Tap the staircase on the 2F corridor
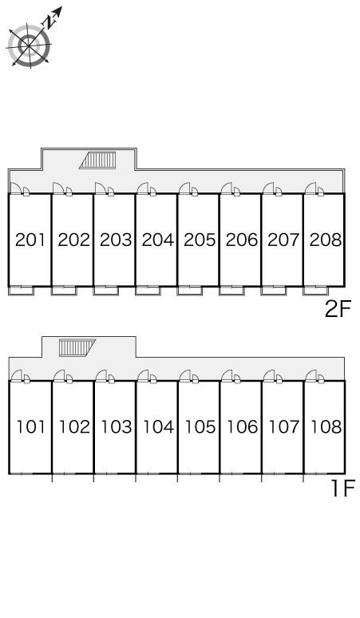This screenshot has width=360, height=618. (x=98, y=160)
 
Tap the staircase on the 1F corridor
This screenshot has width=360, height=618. (x=77, y=347)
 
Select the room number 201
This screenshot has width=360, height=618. (x=30, y=240)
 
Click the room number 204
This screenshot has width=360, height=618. (x=157, y=240)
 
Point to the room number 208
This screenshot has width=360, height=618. (x=326, y=240)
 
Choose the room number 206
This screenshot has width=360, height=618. (x=241, y=240)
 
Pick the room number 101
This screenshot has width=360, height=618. (x=30, y=427)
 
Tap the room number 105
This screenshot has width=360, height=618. (x=200, y=427)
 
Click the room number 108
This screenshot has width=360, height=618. (x=326, y=427)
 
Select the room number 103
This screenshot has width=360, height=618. (x=117, y=427)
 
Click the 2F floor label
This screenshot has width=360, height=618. (x=338, y=309)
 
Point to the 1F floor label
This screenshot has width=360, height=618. (x=343, y=488)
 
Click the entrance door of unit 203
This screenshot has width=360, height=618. (x=100, y=188)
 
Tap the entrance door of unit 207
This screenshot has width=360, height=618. (x=268, y=188)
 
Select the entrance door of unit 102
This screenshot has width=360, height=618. (x=59, y=375)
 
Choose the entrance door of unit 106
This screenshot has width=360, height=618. (x=227, y=375)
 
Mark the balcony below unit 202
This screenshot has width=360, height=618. (x=64, y=291)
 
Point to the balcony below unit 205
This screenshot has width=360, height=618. (x=190, y=291)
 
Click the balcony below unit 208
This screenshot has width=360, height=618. (x=316, y=291)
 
